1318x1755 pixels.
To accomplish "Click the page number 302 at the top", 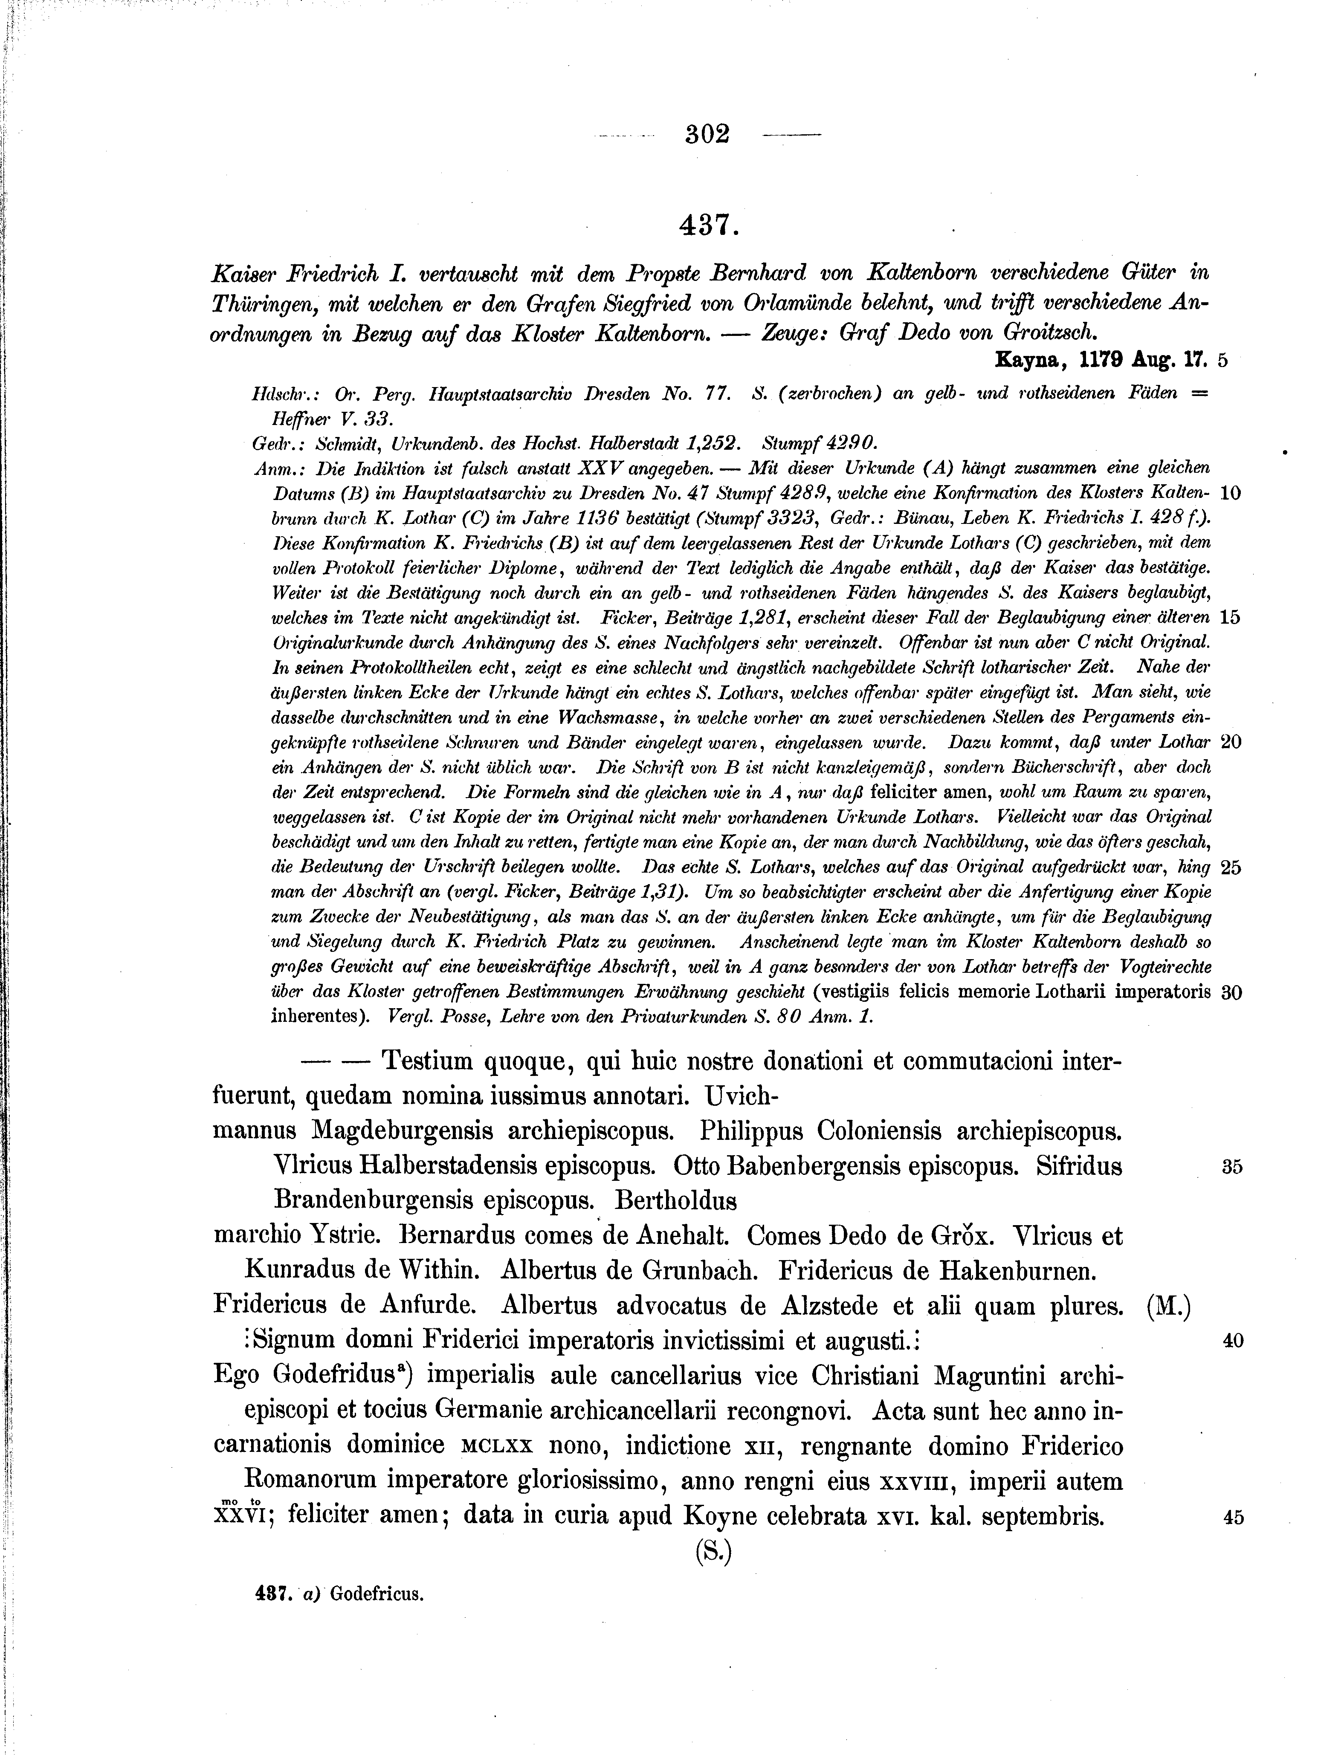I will [707, 134].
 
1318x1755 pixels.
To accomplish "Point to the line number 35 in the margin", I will [1231, 1167].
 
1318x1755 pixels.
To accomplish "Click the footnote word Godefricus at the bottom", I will [377, 1595].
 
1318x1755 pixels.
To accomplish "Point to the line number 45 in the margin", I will [1231, 1517].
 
